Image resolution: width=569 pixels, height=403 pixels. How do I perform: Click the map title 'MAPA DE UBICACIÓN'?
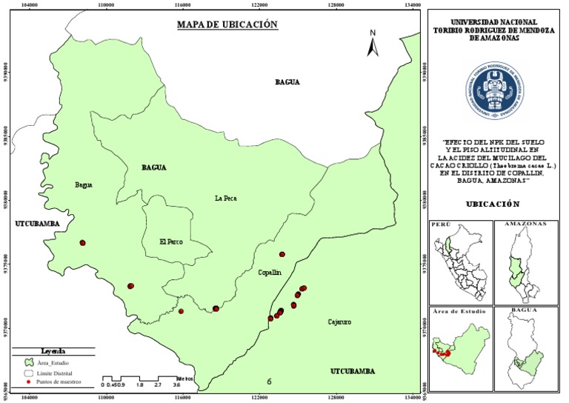[x=227, y=24]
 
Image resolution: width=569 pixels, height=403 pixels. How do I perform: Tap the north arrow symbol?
[x=373, y=44]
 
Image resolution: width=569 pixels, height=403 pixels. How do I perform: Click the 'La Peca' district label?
[x=225, y=199]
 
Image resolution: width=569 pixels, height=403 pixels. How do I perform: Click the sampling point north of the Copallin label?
[x=282, y=254]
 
